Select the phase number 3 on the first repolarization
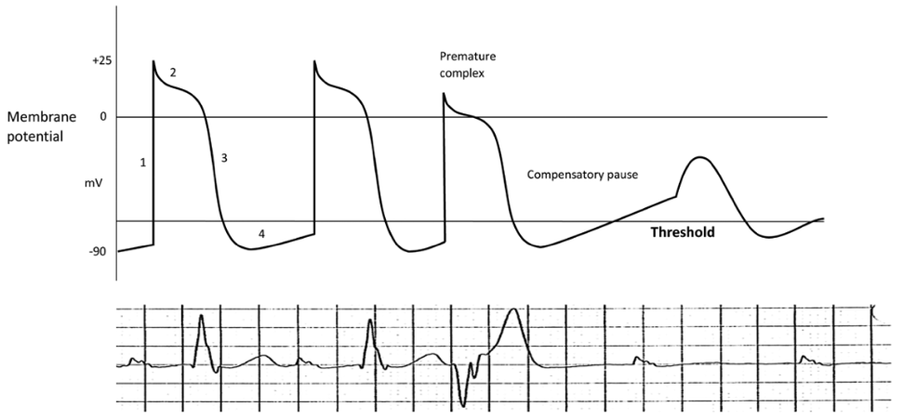tap(224, 158)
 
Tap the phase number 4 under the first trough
tap(261, 235)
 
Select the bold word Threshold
tap(683, 233)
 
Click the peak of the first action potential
tap(153, 61)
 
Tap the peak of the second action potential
tap(315, 61)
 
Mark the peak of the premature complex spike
tap(444, 93)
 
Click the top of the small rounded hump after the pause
tap(699, 159)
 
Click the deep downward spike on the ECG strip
tap(461, 404)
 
